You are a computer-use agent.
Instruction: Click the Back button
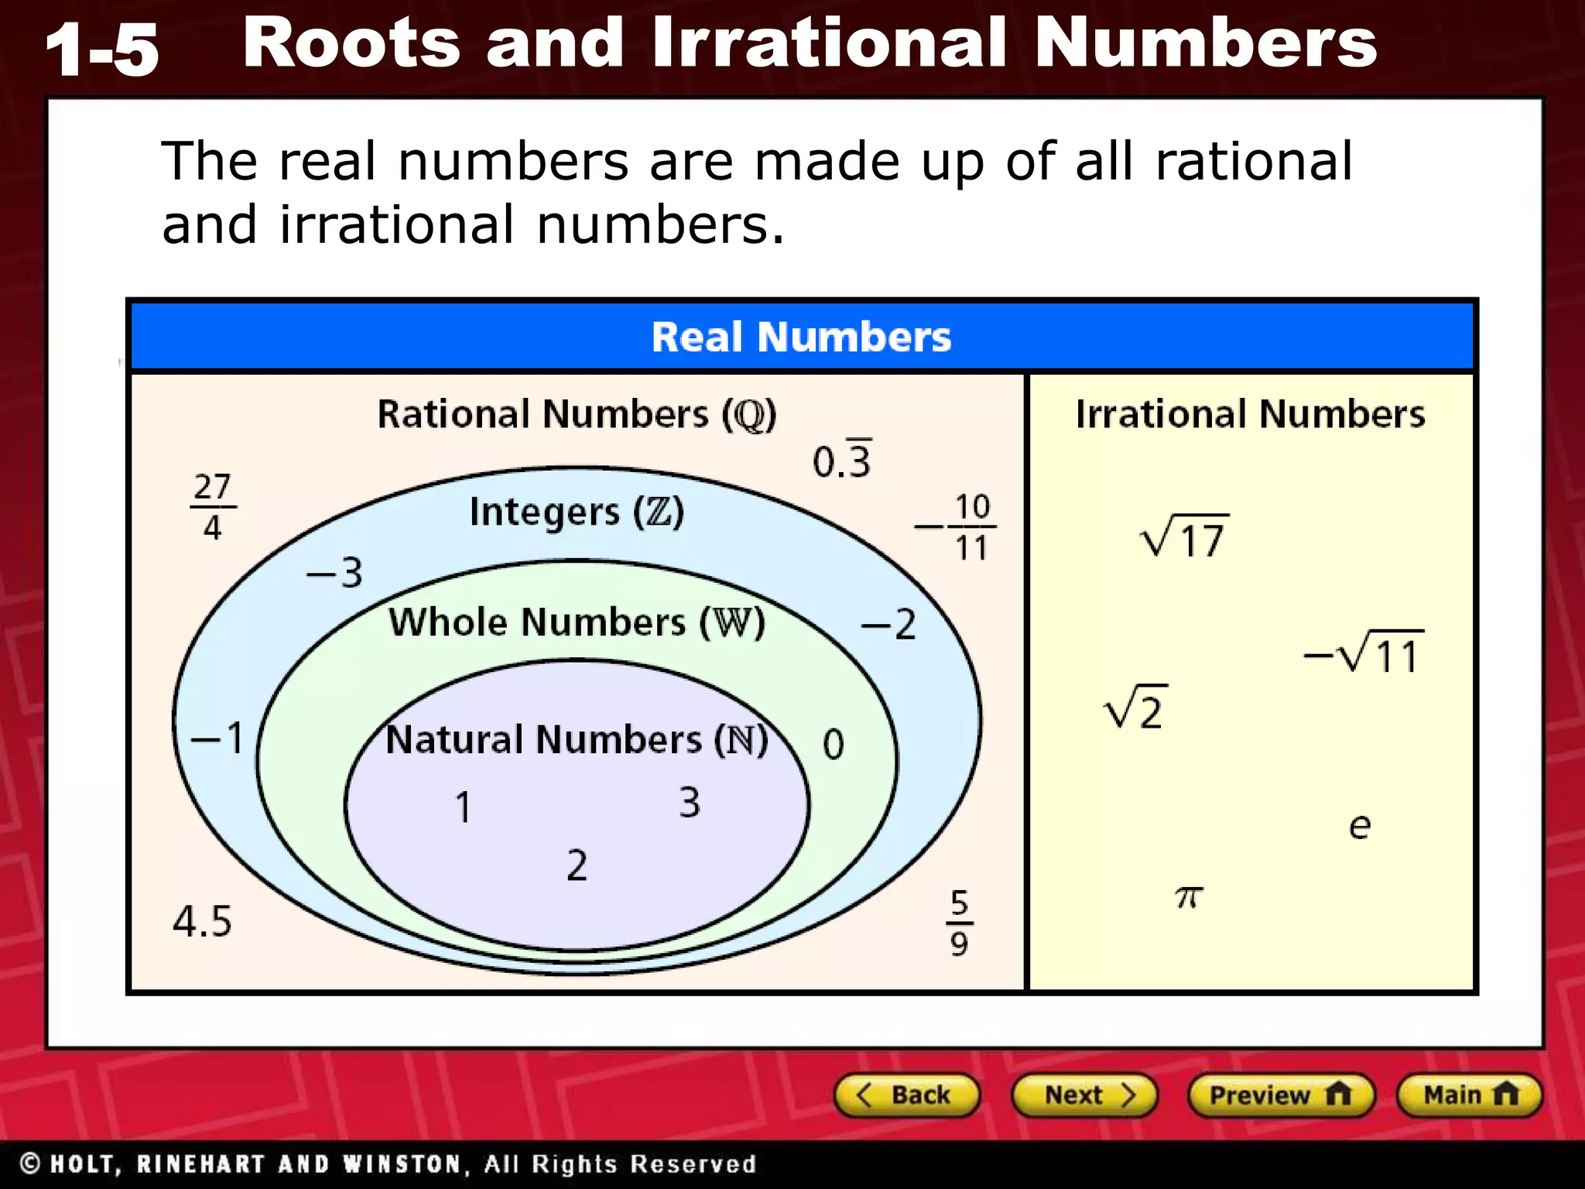(x=906, y=1095)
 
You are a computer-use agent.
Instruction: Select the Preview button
(x=1280, y=1095)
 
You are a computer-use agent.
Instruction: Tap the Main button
(x=1469, y=1095)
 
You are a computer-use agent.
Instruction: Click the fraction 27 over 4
(x=212, y=507)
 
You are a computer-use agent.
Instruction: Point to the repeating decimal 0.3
(x=842, y=460)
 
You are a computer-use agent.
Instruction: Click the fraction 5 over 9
(x=960, y=923)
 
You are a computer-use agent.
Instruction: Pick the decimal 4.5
(x=202, y=921)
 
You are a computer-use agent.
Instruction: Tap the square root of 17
(x=1184, y=536)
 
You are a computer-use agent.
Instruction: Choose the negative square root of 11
(x=1364, y=654)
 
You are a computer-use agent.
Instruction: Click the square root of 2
(x=1135, y=708)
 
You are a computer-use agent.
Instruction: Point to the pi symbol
(x=1189, y=897)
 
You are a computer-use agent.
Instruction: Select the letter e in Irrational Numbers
(x=1360, y=826)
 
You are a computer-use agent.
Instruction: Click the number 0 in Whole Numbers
(x=834, y=745)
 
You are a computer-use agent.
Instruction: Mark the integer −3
(x=334, y=574)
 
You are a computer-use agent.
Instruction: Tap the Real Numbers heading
(x=801, y=337)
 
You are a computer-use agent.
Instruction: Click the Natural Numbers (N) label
(x=577, y=739)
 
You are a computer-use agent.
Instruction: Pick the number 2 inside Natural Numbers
(x=577, y=865)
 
